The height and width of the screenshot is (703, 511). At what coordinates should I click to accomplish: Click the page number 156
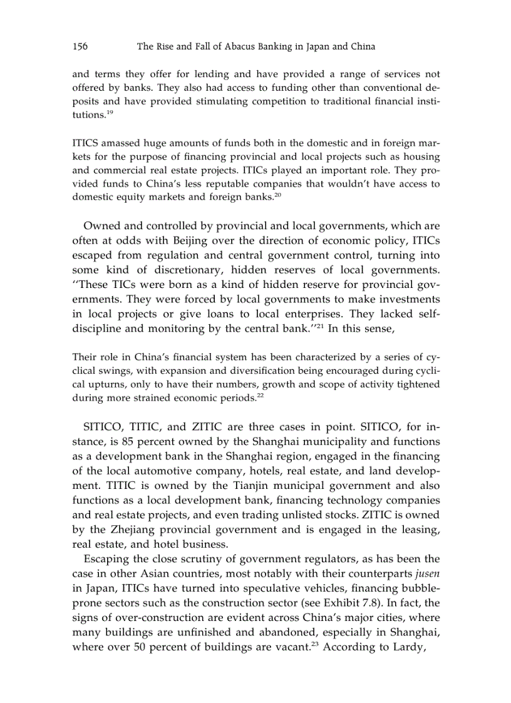coord(80,46)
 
